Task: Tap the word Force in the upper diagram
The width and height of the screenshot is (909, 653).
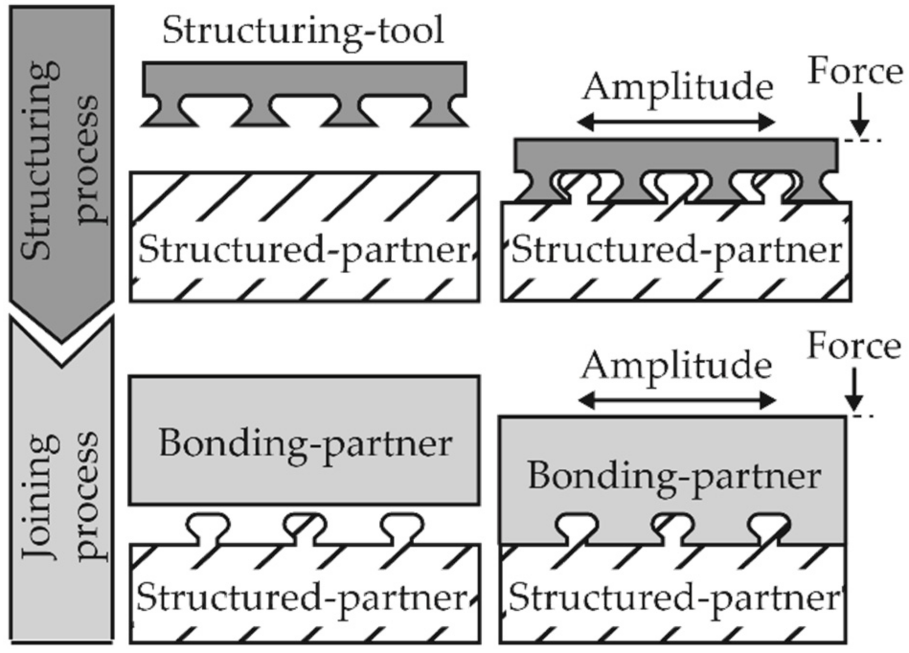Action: point(855,72)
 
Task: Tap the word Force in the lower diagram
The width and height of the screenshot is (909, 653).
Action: point(854,347)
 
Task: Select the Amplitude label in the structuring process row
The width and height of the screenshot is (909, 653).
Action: point(677,87)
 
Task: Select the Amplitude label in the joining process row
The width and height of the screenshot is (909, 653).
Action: point(676,366)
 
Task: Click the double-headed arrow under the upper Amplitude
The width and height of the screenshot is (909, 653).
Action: point(676,123)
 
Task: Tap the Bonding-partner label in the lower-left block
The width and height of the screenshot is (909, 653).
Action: point(305,443)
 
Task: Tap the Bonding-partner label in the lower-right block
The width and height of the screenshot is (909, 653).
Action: point(674,476)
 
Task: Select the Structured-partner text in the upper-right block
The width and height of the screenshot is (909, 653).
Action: point(676,250)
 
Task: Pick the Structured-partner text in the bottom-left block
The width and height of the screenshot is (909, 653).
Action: point(302,598)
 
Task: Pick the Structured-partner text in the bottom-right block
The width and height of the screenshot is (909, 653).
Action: point(674,598)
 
